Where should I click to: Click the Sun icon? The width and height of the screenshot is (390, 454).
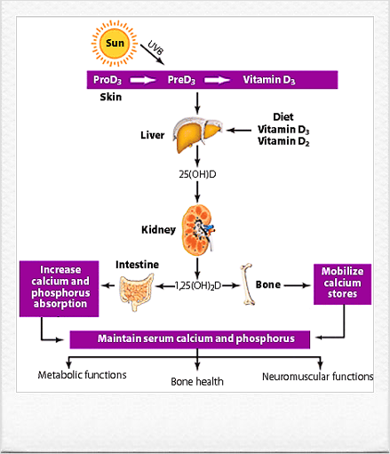tap(115, 44)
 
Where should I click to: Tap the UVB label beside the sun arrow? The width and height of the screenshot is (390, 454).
tap(155, 47)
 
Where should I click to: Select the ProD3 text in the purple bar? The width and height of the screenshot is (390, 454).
tap(107, 80)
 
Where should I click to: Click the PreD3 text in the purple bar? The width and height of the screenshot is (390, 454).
tap(181, 80)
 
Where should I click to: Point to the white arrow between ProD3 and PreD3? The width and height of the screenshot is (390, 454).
tap(143, 80)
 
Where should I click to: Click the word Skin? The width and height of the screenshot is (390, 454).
tap(111, 97)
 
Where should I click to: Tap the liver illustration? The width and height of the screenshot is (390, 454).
tap(197, 135)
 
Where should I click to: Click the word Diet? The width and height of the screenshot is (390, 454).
tap(283, 116)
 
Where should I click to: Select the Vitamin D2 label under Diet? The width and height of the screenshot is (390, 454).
tap(283, 141)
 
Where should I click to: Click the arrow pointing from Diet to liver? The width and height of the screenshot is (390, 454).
tap(239, 130)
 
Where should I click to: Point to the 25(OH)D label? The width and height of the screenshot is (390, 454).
tap(197, 174)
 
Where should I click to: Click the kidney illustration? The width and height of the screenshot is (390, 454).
tap(198, 230)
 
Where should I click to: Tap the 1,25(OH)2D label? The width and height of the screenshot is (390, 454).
tap(198, 286)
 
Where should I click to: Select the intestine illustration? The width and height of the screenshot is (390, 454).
tap(137, 291)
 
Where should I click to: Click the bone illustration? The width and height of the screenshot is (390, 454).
tap(247, 284)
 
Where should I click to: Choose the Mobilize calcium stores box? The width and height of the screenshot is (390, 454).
tap(342, 284)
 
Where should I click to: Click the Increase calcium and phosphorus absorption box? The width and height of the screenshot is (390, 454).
tap(60, 289)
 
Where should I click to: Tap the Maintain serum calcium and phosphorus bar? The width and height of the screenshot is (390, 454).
tap(190, 339)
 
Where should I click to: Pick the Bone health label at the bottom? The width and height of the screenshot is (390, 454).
tap(197, 381)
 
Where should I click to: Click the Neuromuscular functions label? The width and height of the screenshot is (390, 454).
tap(317, 377)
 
